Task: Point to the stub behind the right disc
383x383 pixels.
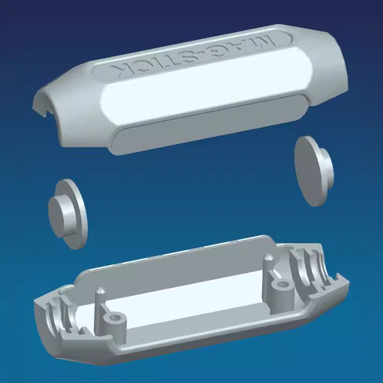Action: [x=327, y=168]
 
